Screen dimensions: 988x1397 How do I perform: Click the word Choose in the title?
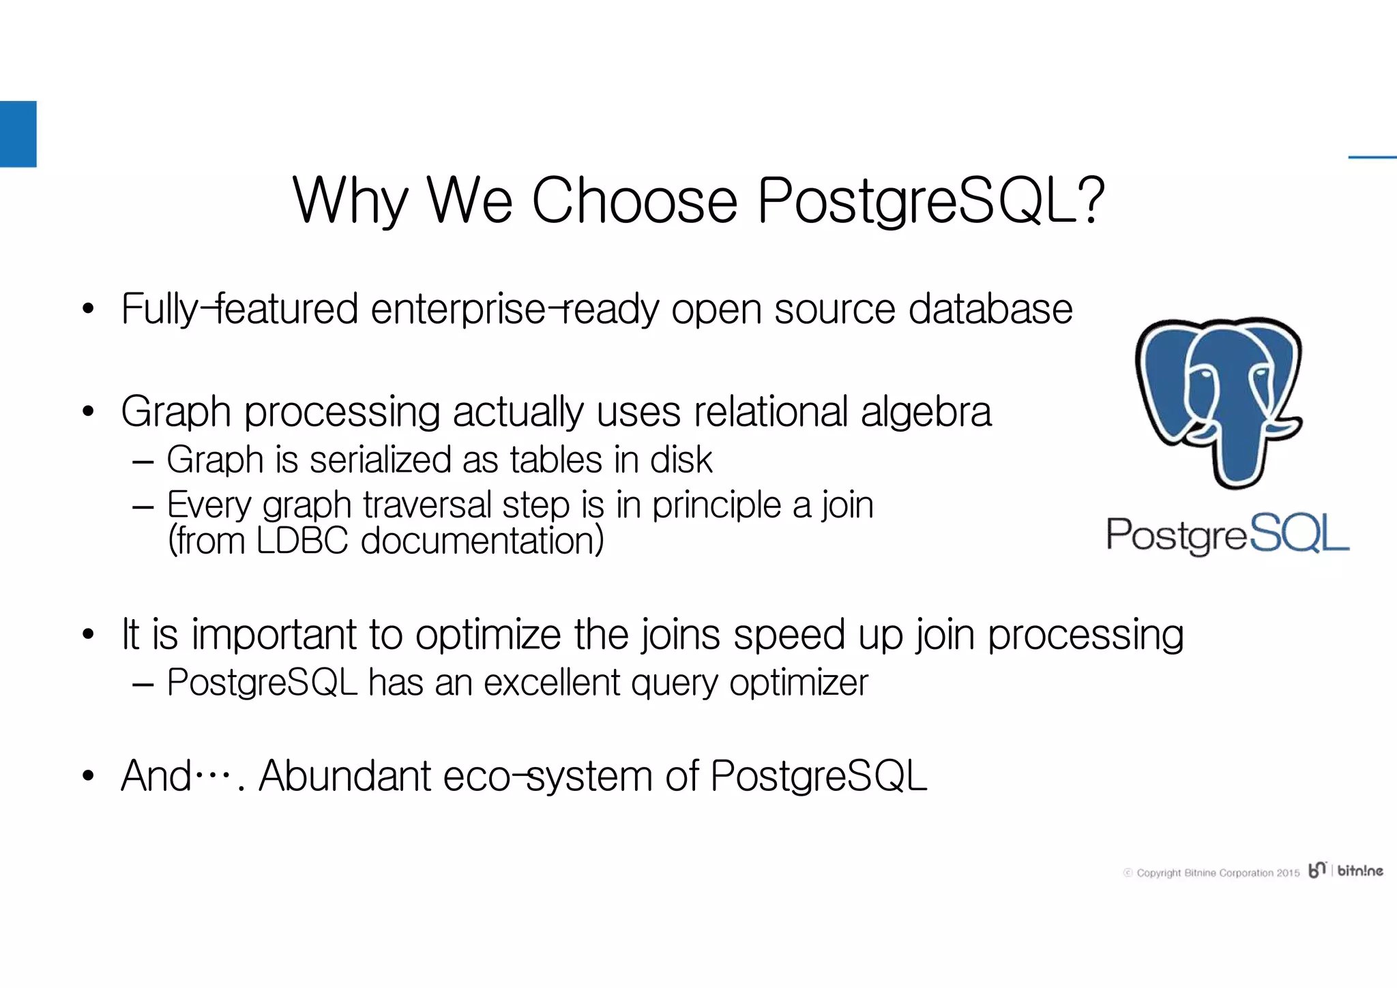pyautogui.click(x=634, y=201)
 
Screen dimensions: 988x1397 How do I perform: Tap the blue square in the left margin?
pyautogui.click(x=18, y=134)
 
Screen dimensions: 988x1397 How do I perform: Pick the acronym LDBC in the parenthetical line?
pyautogui.click(x=302, y=541)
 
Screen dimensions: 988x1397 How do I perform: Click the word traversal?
pyautogui.click(x=426, y=505)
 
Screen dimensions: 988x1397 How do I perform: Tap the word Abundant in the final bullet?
pyautogui.click(x=344, y=776)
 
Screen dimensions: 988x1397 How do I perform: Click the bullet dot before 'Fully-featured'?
pyautogui.click(x=87, y=310)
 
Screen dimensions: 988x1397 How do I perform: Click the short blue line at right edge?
pyautogui.click(x=1372, y=158)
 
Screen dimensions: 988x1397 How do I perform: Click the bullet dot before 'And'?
pyautogui.click(x=87, y=777)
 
